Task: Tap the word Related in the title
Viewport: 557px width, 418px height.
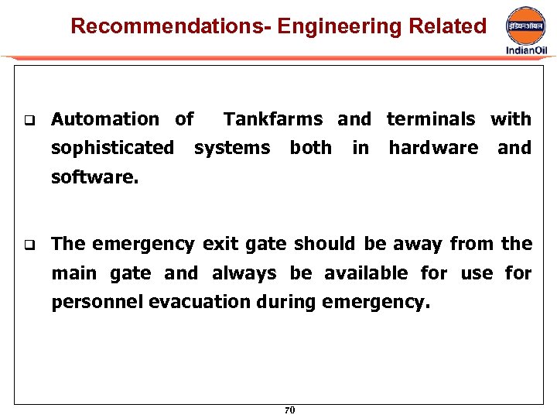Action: click(x=448, y=26)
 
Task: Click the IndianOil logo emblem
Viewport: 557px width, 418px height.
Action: click(x=526, y=26)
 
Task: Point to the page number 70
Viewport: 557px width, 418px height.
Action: click(x=289, y=410)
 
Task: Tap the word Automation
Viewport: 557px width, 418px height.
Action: click(x=104, y=119)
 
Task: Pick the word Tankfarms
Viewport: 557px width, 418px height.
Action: click(x=273, y=119)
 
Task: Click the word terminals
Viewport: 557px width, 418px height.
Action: click(x=431, y=119)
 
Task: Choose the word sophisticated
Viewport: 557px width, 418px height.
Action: click(x=112, y=148)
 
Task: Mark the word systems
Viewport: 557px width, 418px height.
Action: click(x=232, y=148)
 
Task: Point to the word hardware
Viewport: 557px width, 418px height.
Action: click(x=433, y=148)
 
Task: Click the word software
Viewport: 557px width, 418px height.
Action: click(x=94, y=176)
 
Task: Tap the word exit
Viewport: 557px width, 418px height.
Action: click(x=220, y=245)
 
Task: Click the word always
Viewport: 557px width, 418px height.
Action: click(x=245, y=273)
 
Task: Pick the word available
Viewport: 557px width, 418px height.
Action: click(x=366, y=273)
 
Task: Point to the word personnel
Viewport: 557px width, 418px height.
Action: click(x=97, y=302)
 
